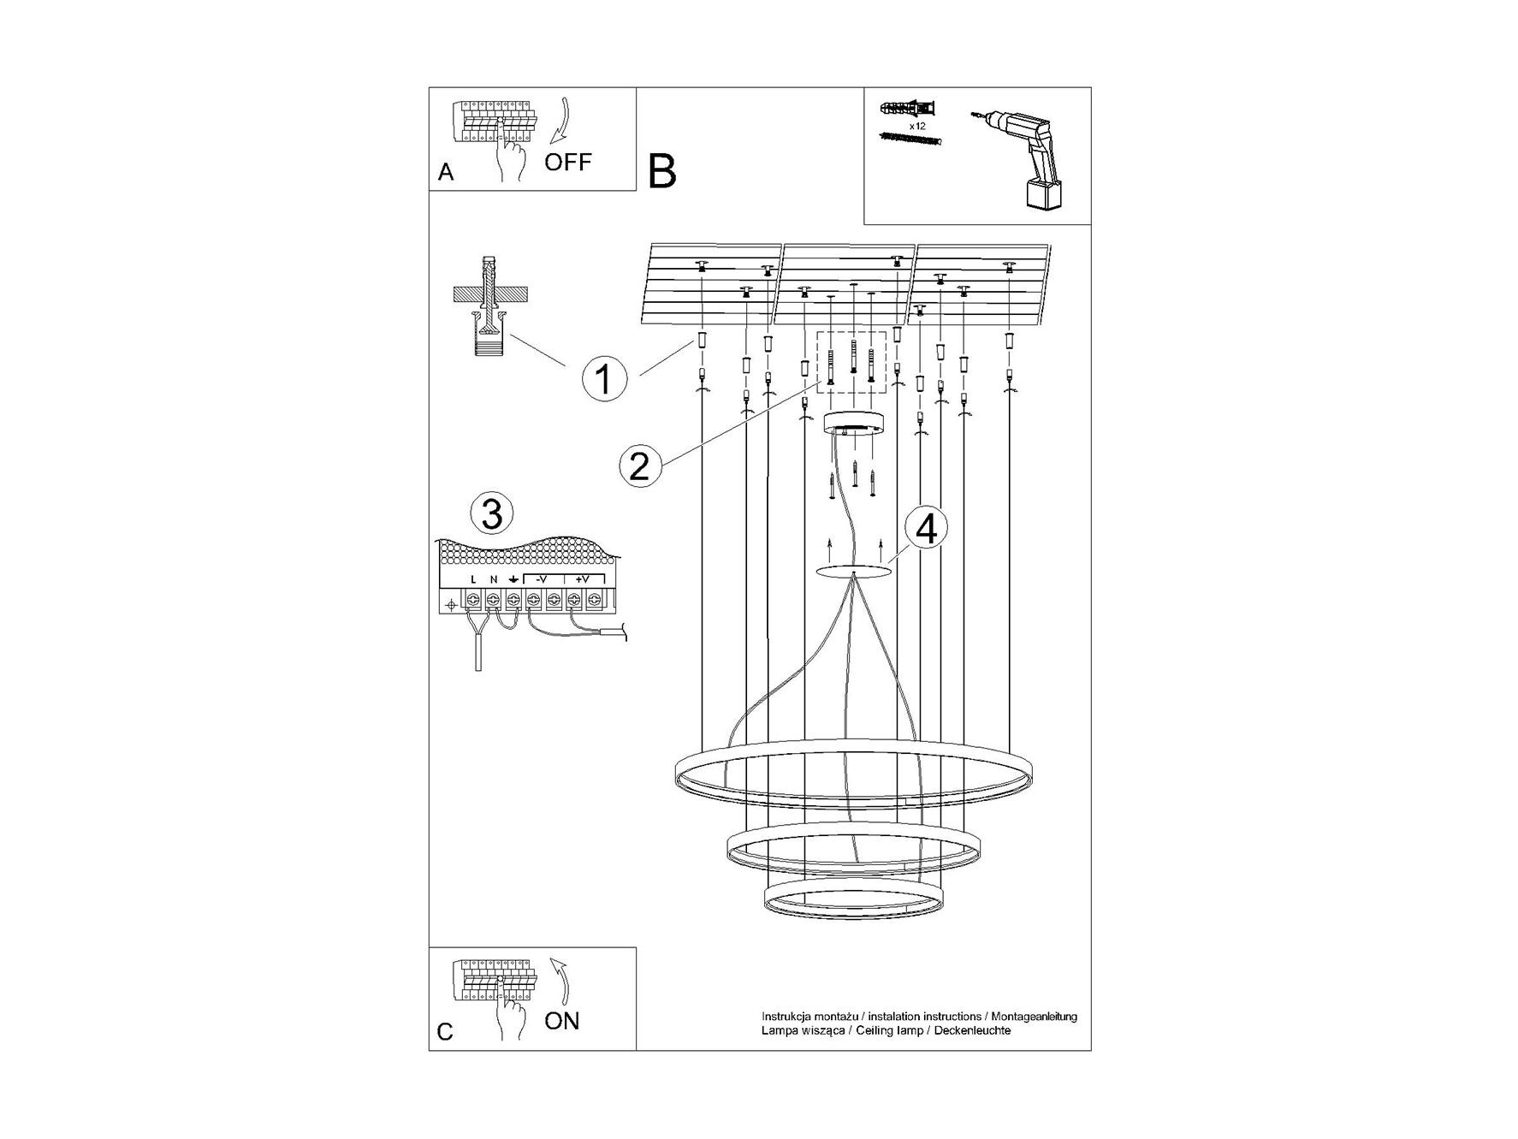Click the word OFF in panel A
point(567,161)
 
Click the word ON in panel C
point(561,1020)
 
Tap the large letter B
point(662,171)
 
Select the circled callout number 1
point(604,377)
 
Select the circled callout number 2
point(640,466)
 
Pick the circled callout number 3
point(492,514)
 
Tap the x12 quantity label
point(916,126)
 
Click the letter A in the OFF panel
point(446,172)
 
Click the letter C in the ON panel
point(445,1031)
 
